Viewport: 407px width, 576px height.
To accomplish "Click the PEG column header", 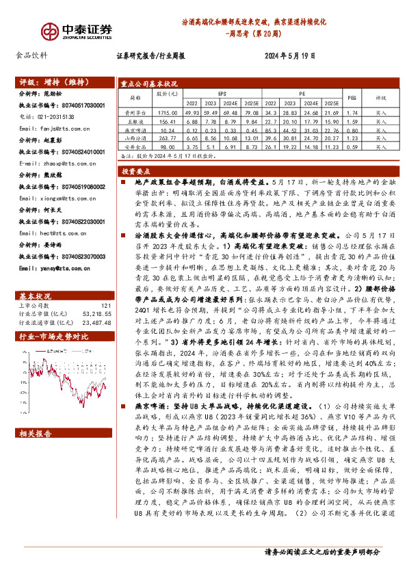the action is coord(352,98).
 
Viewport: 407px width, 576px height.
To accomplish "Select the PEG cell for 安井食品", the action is coord(352,146).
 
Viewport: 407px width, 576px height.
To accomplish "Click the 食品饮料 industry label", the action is coord(31,57).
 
